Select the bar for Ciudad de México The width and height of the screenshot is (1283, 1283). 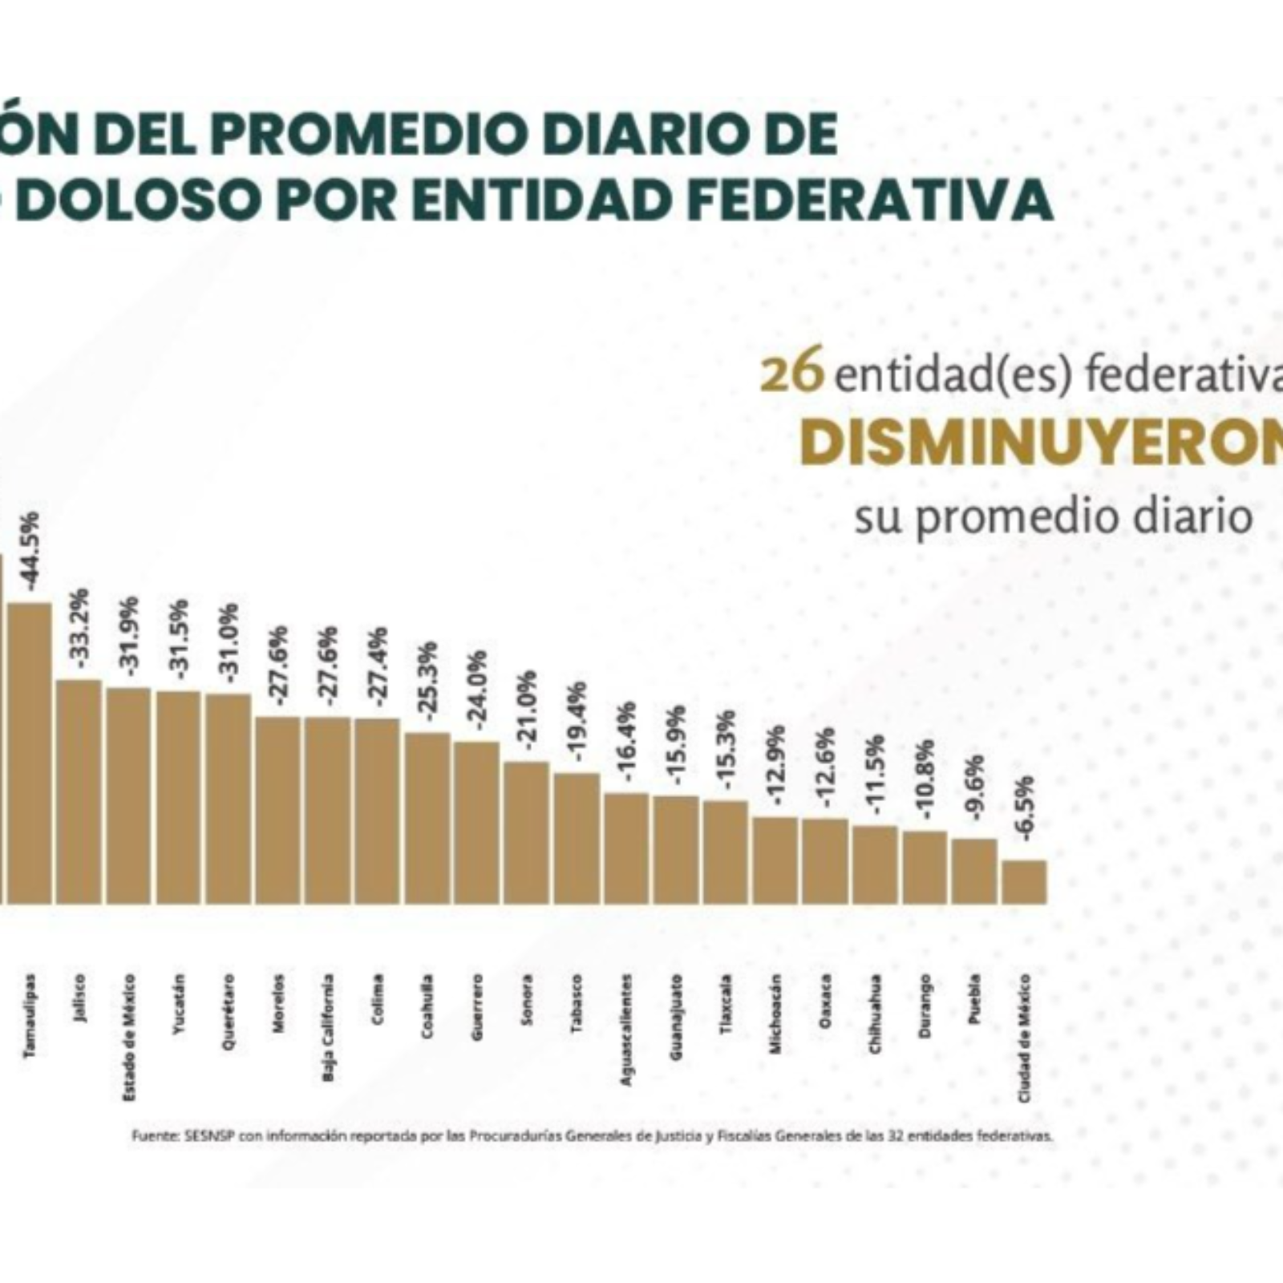tap(1024, 882)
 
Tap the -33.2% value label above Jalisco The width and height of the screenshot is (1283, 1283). tap(80, 626)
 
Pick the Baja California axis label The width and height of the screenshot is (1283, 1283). tap(327, 1027)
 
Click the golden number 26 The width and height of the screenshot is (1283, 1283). tap(791, 374)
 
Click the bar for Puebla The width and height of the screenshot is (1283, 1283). tap(974, 872)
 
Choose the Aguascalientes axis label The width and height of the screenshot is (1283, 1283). tap(627, 1030)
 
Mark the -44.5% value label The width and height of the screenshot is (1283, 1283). tap(32, 552)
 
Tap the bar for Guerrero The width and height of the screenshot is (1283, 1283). tap(476, 823)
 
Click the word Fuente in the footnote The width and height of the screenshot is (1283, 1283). tap(148, 1136)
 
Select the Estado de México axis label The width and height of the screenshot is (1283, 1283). tap(129, 1037)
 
